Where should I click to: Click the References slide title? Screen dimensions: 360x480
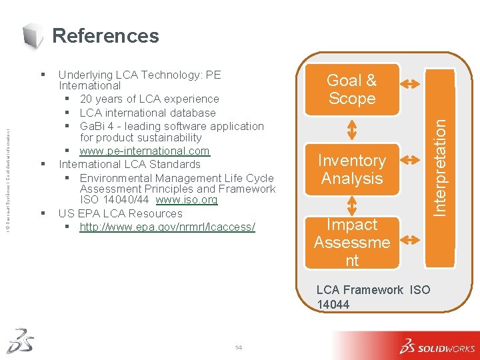105,35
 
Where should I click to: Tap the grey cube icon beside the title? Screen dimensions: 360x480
33,35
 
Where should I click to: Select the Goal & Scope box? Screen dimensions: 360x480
351,89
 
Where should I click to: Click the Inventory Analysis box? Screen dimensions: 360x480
351,169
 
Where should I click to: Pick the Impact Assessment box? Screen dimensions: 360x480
351,242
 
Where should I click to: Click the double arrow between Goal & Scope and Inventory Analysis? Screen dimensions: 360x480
351,129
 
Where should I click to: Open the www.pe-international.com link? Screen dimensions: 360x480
144,151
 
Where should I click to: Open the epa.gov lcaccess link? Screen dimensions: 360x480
167,227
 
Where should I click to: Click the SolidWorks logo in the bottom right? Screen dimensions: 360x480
437,346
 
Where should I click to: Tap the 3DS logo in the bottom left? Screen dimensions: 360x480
20,340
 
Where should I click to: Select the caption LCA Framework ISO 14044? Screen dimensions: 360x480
373,297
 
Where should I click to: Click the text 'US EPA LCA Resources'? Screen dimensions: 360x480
120,213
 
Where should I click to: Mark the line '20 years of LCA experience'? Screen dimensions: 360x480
149,99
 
